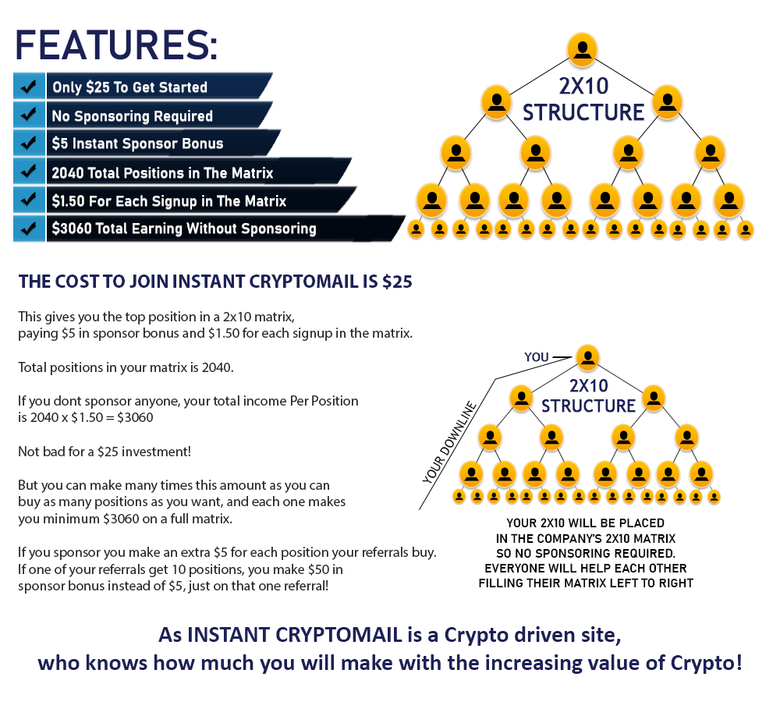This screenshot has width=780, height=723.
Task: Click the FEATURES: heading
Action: (x=116, y=44)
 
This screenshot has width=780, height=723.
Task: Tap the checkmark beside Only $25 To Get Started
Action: (x=29, y=87)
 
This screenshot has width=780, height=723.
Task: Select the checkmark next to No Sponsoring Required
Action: (x=29, y=115)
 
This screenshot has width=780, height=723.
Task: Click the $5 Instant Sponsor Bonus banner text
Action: (x=137, y=144)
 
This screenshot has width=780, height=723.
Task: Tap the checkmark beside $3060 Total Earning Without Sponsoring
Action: (x=29, y=229)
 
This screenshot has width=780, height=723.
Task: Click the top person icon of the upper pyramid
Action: (x=582, y=49)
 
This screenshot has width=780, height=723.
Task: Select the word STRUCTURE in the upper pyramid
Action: (x=583, y=112)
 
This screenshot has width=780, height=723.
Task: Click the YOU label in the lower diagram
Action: (x=537, y=357)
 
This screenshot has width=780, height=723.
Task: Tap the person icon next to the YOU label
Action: (x=587, y=357)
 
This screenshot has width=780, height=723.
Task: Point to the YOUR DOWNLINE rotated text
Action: (x=449, y=442)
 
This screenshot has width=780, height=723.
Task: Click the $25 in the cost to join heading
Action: (x=397, y=282)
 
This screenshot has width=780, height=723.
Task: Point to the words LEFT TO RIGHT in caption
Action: (x=651, y=583)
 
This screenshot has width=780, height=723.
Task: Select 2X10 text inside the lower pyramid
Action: (x=588, y=385)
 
